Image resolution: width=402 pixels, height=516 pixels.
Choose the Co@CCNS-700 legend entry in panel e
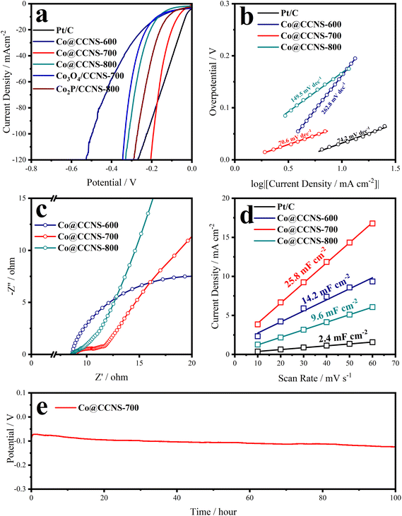pos(89,408)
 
